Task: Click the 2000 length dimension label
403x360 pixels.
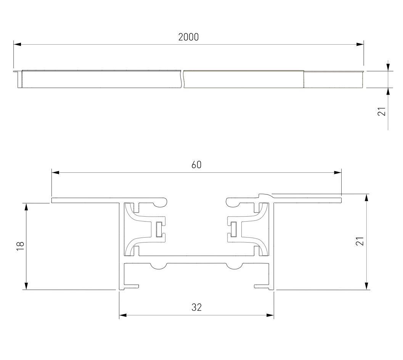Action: click(x=188, y=37)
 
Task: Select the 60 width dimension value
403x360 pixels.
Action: click(x=196, y=165)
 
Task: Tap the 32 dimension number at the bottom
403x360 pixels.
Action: click(x=196, y=307)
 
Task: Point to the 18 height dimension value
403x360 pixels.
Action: click(x=20, y=246)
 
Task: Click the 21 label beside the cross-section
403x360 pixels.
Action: click(x=360, y=241)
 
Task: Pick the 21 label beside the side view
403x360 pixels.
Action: click(x=382, y=112)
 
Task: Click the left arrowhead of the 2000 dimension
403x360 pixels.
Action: click(x=17, y=44)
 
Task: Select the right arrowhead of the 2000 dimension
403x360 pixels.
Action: click(x=360, y=44)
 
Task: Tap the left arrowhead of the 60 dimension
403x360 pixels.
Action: click(x=55, y=172)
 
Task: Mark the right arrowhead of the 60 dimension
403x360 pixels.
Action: click(x=337, y=172)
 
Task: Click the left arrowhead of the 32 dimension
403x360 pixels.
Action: click(x=123, y=315)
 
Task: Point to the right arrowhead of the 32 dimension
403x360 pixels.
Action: click(x=270, y=315)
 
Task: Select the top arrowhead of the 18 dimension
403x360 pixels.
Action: click(x=26, y=207)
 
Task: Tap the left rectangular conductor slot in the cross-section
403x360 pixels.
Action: click(x=159, y=229)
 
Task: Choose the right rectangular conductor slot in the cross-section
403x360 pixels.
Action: click(x=234, y=229)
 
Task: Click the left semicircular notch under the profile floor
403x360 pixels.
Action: click(x=158, y=266)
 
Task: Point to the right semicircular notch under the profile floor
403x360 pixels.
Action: click(x=234, y=266)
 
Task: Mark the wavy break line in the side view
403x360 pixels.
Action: click(x=183, y=79)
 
